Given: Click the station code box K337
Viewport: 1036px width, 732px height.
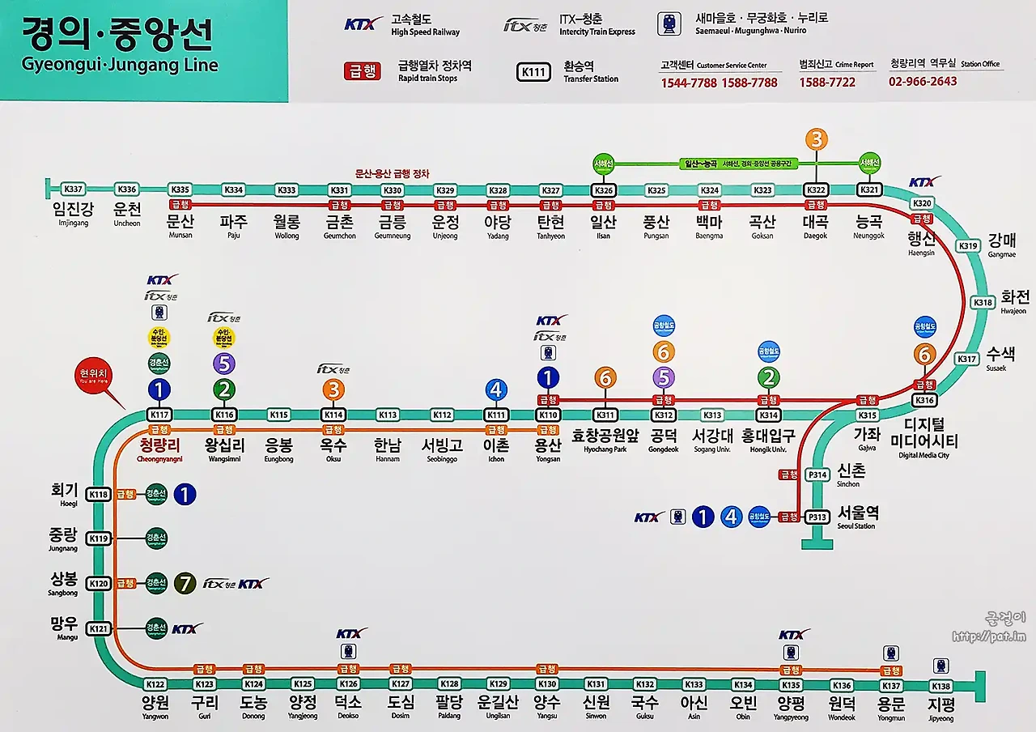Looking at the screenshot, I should [74, 189].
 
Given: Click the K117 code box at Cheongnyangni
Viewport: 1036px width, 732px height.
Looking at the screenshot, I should [159, 415].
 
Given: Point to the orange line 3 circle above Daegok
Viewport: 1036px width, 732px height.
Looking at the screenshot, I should [816, 139].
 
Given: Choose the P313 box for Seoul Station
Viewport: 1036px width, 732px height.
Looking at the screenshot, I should [817, 517].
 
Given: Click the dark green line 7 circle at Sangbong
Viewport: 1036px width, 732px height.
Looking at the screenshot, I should [185, 582].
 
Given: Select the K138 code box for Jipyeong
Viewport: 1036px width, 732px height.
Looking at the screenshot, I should [940, 686].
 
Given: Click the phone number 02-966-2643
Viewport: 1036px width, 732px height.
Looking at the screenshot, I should [923, 81].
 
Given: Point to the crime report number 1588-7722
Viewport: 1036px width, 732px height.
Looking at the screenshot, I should [827, 82].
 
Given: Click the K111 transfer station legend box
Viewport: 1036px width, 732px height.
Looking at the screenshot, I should [534, 72].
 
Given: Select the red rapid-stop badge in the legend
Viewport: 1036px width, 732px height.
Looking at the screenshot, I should [363, 71].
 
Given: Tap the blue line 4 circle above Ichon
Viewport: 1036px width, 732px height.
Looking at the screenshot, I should [496, 390].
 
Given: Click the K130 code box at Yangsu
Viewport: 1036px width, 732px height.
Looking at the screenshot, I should [547, 684].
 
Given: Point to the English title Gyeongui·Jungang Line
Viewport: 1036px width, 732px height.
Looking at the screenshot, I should [120, 65].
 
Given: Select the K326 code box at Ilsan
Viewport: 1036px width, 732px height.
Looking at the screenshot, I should [604, 190].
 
